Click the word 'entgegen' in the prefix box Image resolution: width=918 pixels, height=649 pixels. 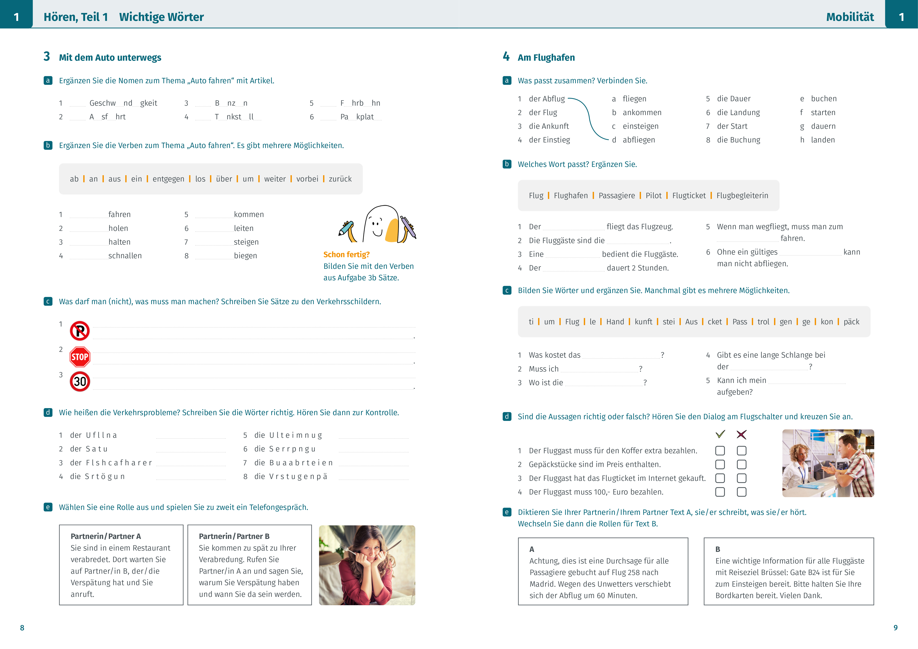(168, 179)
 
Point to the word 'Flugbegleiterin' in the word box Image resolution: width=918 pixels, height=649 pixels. (742, 195)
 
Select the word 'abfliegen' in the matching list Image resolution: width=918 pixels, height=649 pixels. (639, 140)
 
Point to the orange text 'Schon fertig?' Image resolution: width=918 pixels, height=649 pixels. (346, 255)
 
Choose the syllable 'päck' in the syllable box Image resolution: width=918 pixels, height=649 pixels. (851, 322)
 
